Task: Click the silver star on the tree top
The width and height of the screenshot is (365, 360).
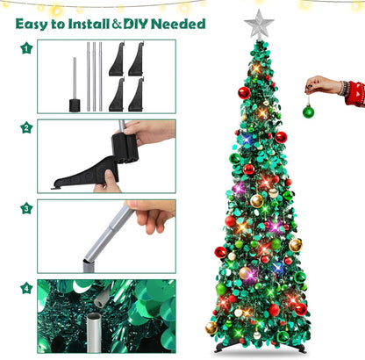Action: pos(259,25)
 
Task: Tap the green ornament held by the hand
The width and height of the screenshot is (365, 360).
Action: pos(308,112)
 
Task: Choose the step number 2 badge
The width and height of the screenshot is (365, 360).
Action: pos(26,127)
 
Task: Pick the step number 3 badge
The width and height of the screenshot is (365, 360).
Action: pos(26,208)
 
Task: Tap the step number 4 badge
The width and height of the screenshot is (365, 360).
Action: pos(26,288)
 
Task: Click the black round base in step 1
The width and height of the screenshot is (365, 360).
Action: pos(75,105)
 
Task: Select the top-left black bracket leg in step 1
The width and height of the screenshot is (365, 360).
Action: pos(117,60)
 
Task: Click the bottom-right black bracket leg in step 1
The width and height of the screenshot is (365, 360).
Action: pos(137,95)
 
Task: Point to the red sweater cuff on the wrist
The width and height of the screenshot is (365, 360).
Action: pos(354,92)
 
